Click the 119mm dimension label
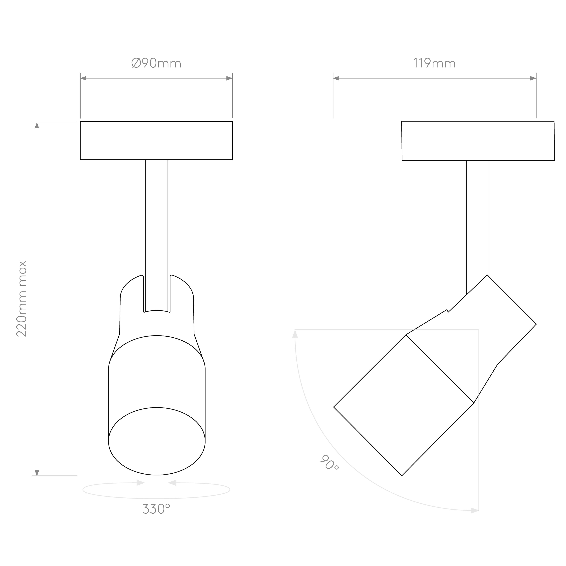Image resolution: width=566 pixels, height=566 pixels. pyautogui.click(x=434, y=63)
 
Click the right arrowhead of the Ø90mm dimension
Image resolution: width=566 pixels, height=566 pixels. pyautogui.click(x=229, y=78)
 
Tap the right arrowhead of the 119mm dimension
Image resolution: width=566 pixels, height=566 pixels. pyautogui.click(x=533, y=78)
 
